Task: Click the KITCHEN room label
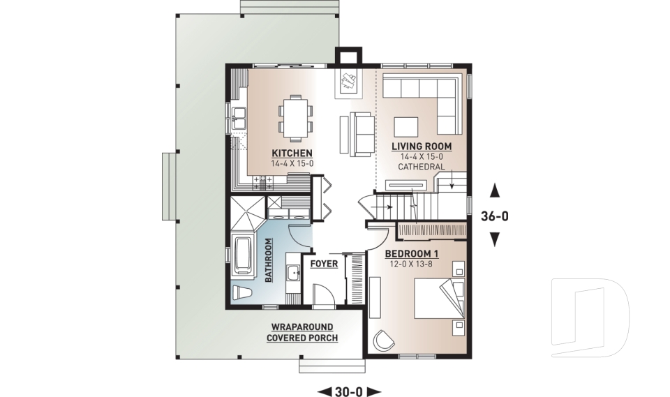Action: click(x=292, y=153)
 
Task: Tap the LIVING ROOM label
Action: click(x=421, y=147)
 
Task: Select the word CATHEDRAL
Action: click(x=421, y=167)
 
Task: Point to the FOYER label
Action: click(x=325, y=264)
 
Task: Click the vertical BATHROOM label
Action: click(x=269, y=260)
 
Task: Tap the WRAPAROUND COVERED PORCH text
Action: click(x=301, y=332)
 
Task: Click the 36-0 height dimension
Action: click(x=495, y=216)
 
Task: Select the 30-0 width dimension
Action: click(x=348, y=391)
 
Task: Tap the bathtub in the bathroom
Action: click(x=242, y=256)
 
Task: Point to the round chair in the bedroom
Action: click(x=382, y=340)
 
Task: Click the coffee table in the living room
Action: click(x=405, y=126)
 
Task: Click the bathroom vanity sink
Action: click(x=294, y=274)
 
